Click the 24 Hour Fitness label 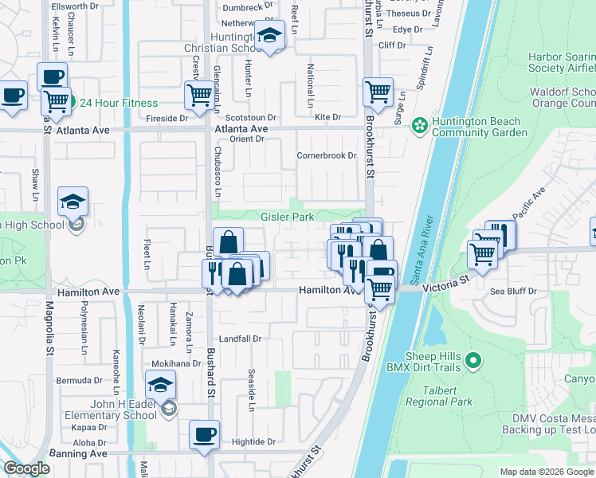[x=118, y=103]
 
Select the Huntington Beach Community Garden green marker [x=418, y=126]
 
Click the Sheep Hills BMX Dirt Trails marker [x=472, y=362]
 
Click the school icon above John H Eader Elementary [x=161, y=386]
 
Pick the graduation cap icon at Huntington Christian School [x=270, y=36]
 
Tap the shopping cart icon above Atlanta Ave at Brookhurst [x=378, y=92]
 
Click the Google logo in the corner [x=26, y=468]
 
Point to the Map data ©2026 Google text [x=545, y=472]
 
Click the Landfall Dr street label [x=240, y=339]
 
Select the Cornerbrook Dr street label [x=327, y=155]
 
